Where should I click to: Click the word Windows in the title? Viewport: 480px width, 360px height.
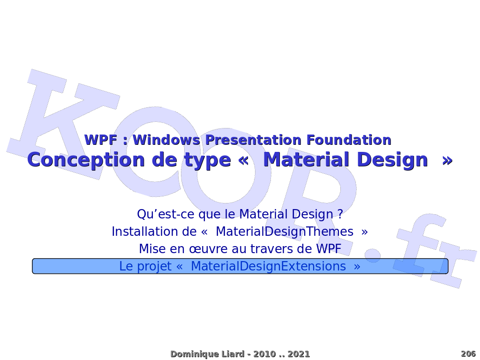coord(166,140)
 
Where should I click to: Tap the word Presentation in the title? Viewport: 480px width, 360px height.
coord(253,140)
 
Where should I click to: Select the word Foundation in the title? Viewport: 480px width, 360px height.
coord(349,140)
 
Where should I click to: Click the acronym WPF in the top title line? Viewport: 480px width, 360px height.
coord(100,140)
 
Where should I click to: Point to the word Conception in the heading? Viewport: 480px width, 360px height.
coord(86,160)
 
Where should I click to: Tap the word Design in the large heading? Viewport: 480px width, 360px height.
coord(392,160)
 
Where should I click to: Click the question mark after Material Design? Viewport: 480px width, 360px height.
coord(340,214)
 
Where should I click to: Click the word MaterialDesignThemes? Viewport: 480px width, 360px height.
coord(285,232)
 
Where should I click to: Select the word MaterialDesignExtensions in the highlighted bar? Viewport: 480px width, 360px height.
coord(269,266)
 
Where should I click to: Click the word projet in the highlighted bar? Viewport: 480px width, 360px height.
coord(154,267)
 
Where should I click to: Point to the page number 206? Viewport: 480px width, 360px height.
coord(468,354)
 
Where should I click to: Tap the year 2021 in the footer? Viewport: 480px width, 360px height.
coord(299,354)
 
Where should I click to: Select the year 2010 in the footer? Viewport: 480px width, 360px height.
coord(264,354)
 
